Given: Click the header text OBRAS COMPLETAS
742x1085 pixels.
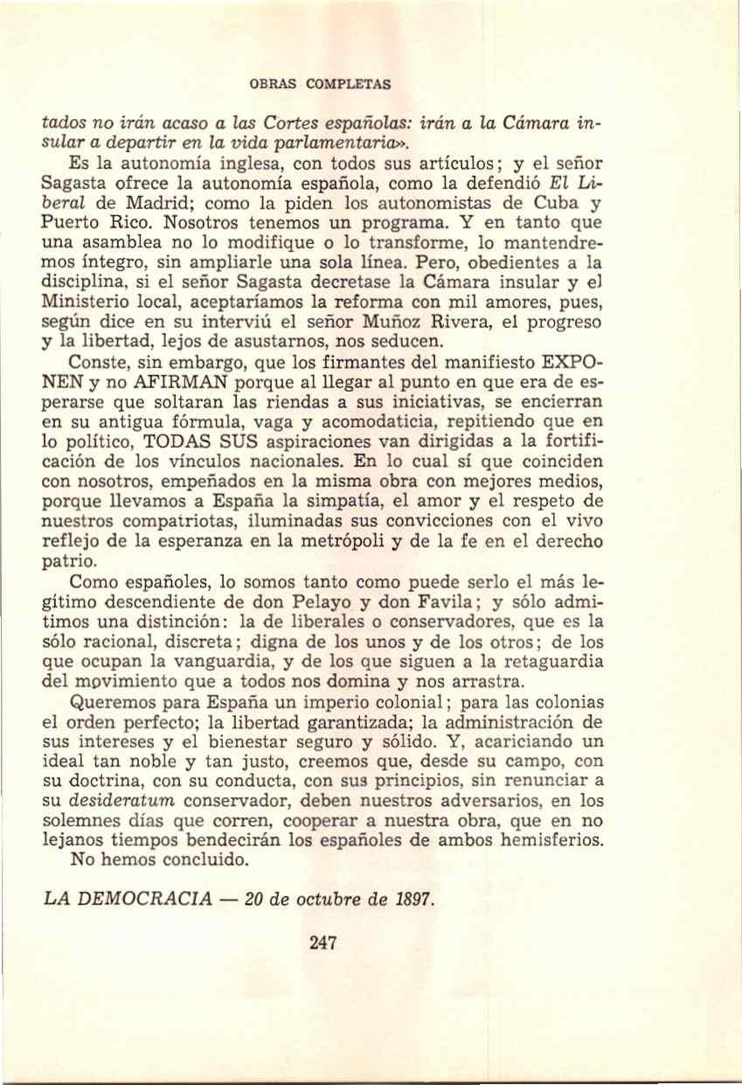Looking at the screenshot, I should pos(320,85).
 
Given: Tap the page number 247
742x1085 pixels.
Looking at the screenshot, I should pos(322,942).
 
